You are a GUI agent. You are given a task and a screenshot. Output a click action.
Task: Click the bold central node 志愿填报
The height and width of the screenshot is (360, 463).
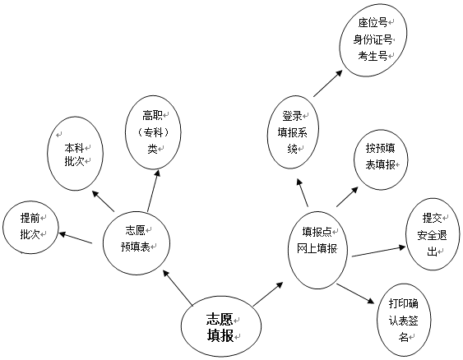pyautogui.click(x=221, y=327)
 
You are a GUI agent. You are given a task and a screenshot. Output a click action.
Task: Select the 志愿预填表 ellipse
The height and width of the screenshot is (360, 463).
pyautogui.click(x=137, y=242)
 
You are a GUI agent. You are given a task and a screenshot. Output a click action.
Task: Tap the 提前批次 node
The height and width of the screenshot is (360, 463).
pyautogui.click(x=30, y=227)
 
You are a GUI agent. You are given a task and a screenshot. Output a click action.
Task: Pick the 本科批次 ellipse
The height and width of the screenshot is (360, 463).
pyautogui.click(x=75, y=154)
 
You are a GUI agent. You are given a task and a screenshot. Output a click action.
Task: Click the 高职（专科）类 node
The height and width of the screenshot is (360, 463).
pyautogui.click(x=153, y=132)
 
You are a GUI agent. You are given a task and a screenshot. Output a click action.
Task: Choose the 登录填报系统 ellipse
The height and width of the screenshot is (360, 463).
pyautogui.click(x=293, y=132)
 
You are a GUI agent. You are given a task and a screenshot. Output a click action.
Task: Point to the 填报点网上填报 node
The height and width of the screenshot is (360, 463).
pyautogui.click(x=317, y=250)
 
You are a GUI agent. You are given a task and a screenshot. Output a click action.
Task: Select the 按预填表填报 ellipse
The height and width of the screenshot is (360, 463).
pyautogui.click(x=381, y=159)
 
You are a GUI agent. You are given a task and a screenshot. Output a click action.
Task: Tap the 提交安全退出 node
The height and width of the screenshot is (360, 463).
pyautogui.click(x=433, y=234)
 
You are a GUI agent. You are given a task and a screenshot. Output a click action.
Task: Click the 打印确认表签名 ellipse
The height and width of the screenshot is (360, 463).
pyautogui.click(x=404, y=321)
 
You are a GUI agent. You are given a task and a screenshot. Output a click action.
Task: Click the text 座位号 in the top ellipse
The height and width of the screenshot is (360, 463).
pyautogui.click(x=373, y=22)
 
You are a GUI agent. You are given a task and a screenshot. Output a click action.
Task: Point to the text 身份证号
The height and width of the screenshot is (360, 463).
pyautogui.click(x=373, y=39)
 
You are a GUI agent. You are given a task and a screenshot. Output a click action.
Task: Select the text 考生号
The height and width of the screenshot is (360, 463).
pyautogui.click(x=373, y=56)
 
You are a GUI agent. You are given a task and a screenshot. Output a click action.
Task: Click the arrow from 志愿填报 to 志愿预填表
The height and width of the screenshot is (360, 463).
pyautogui.click(x=178, y=288)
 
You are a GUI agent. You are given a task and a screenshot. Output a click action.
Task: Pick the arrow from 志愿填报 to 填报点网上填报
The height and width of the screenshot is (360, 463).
pyautogui.click(x=268, y=294)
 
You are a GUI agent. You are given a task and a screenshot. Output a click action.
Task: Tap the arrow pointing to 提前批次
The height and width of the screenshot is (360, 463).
pyautogui.click(x=76, y=238)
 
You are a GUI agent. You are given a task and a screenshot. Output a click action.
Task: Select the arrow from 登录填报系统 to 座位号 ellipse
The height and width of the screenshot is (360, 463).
pyautogui.click(x=328, y=83)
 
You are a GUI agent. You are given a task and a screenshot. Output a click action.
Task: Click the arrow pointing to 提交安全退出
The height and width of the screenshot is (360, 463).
pyautogui.click(x=379, y=251)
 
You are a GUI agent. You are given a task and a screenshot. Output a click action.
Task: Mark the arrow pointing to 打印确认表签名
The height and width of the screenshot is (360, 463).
pyautogui.click(x=355, y=293)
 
